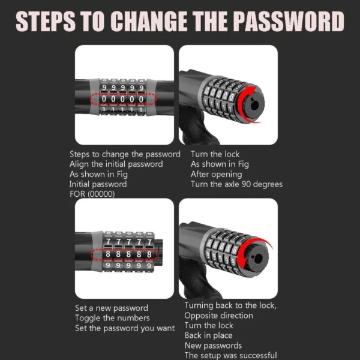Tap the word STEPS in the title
coord(46,21)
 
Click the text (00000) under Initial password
coord(101,194)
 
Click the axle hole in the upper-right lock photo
coord(254,106)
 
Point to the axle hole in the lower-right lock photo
coord(258,259)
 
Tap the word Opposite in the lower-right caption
coord(200,316)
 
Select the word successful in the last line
coord(257,355)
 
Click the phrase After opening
coord(216,175)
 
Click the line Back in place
coord(208,335)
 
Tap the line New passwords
coord(213,346)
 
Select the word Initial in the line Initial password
coord(79,184)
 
